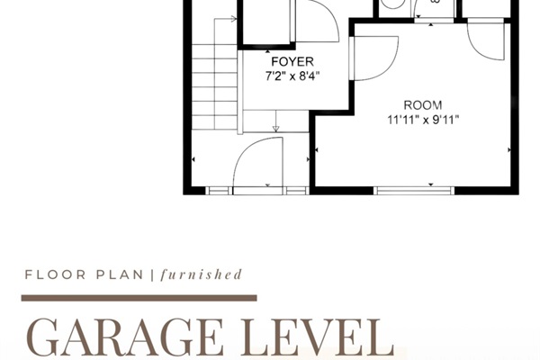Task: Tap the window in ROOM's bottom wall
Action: pyautogui.click(x=414, y=190)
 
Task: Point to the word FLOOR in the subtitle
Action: pyautogui.click(x=49, y=275)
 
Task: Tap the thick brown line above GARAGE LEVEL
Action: pyautogui.click(x=140, y=297)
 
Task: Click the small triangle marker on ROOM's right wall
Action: pyautogui.click(x=511, y=148)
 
